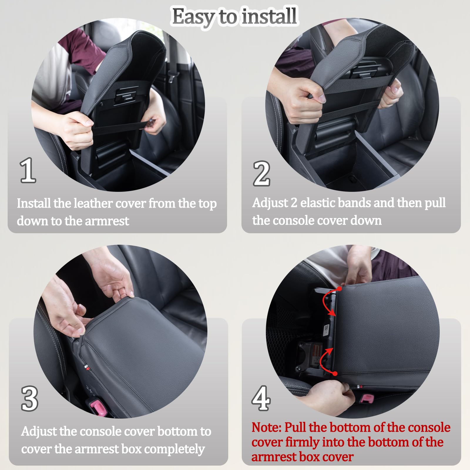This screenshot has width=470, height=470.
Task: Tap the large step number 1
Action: [28, 170]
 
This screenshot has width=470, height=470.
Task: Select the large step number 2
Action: [261, 174]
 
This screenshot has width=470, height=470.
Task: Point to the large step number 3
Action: [30, 399]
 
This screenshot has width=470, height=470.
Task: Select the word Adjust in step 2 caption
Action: [270, 203]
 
